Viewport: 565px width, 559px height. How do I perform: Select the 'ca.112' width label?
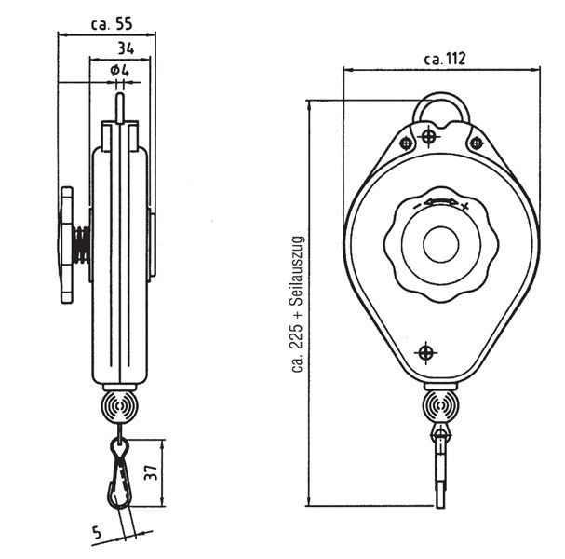point(444,58)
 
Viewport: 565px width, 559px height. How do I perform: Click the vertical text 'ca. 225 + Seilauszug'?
point(298,304)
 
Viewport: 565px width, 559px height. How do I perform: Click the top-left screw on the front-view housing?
point(406,143)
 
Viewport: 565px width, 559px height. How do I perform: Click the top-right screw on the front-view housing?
point(476,143)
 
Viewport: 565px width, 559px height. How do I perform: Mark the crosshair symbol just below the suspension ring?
point(427,138)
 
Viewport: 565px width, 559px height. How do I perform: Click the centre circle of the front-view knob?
point(440,246)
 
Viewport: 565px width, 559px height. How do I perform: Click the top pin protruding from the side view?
point(119,102)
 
